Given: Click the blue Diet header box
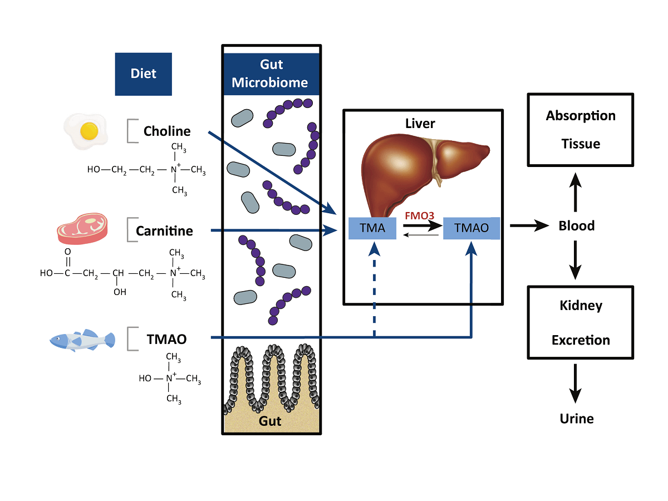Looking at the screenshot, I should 143,73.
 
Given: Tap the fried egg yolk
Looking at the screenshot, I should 89,131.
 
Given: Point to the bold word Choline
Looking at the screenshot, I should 167,131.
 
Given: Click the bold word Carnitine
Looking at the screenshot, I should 165,230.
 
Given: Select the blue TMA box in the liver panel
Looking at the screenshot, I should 372,228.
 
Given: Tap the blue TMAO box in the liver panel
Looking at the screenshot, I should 471,228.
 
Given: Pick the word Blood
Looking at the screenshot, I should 577,225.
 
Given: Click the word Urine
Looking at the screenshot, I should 577,419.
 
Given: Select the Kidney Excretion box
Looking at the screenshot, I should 580,322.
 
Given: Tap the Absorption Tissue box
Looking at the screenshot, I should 580,130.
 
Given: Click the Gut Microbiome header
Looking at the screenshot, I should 270,74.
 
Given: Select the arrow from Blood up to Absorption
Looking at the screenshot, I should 577,190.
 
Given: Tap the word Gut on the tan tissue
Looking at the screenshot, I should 271,421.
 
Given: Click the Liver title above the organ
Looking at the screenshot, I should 420,123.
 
